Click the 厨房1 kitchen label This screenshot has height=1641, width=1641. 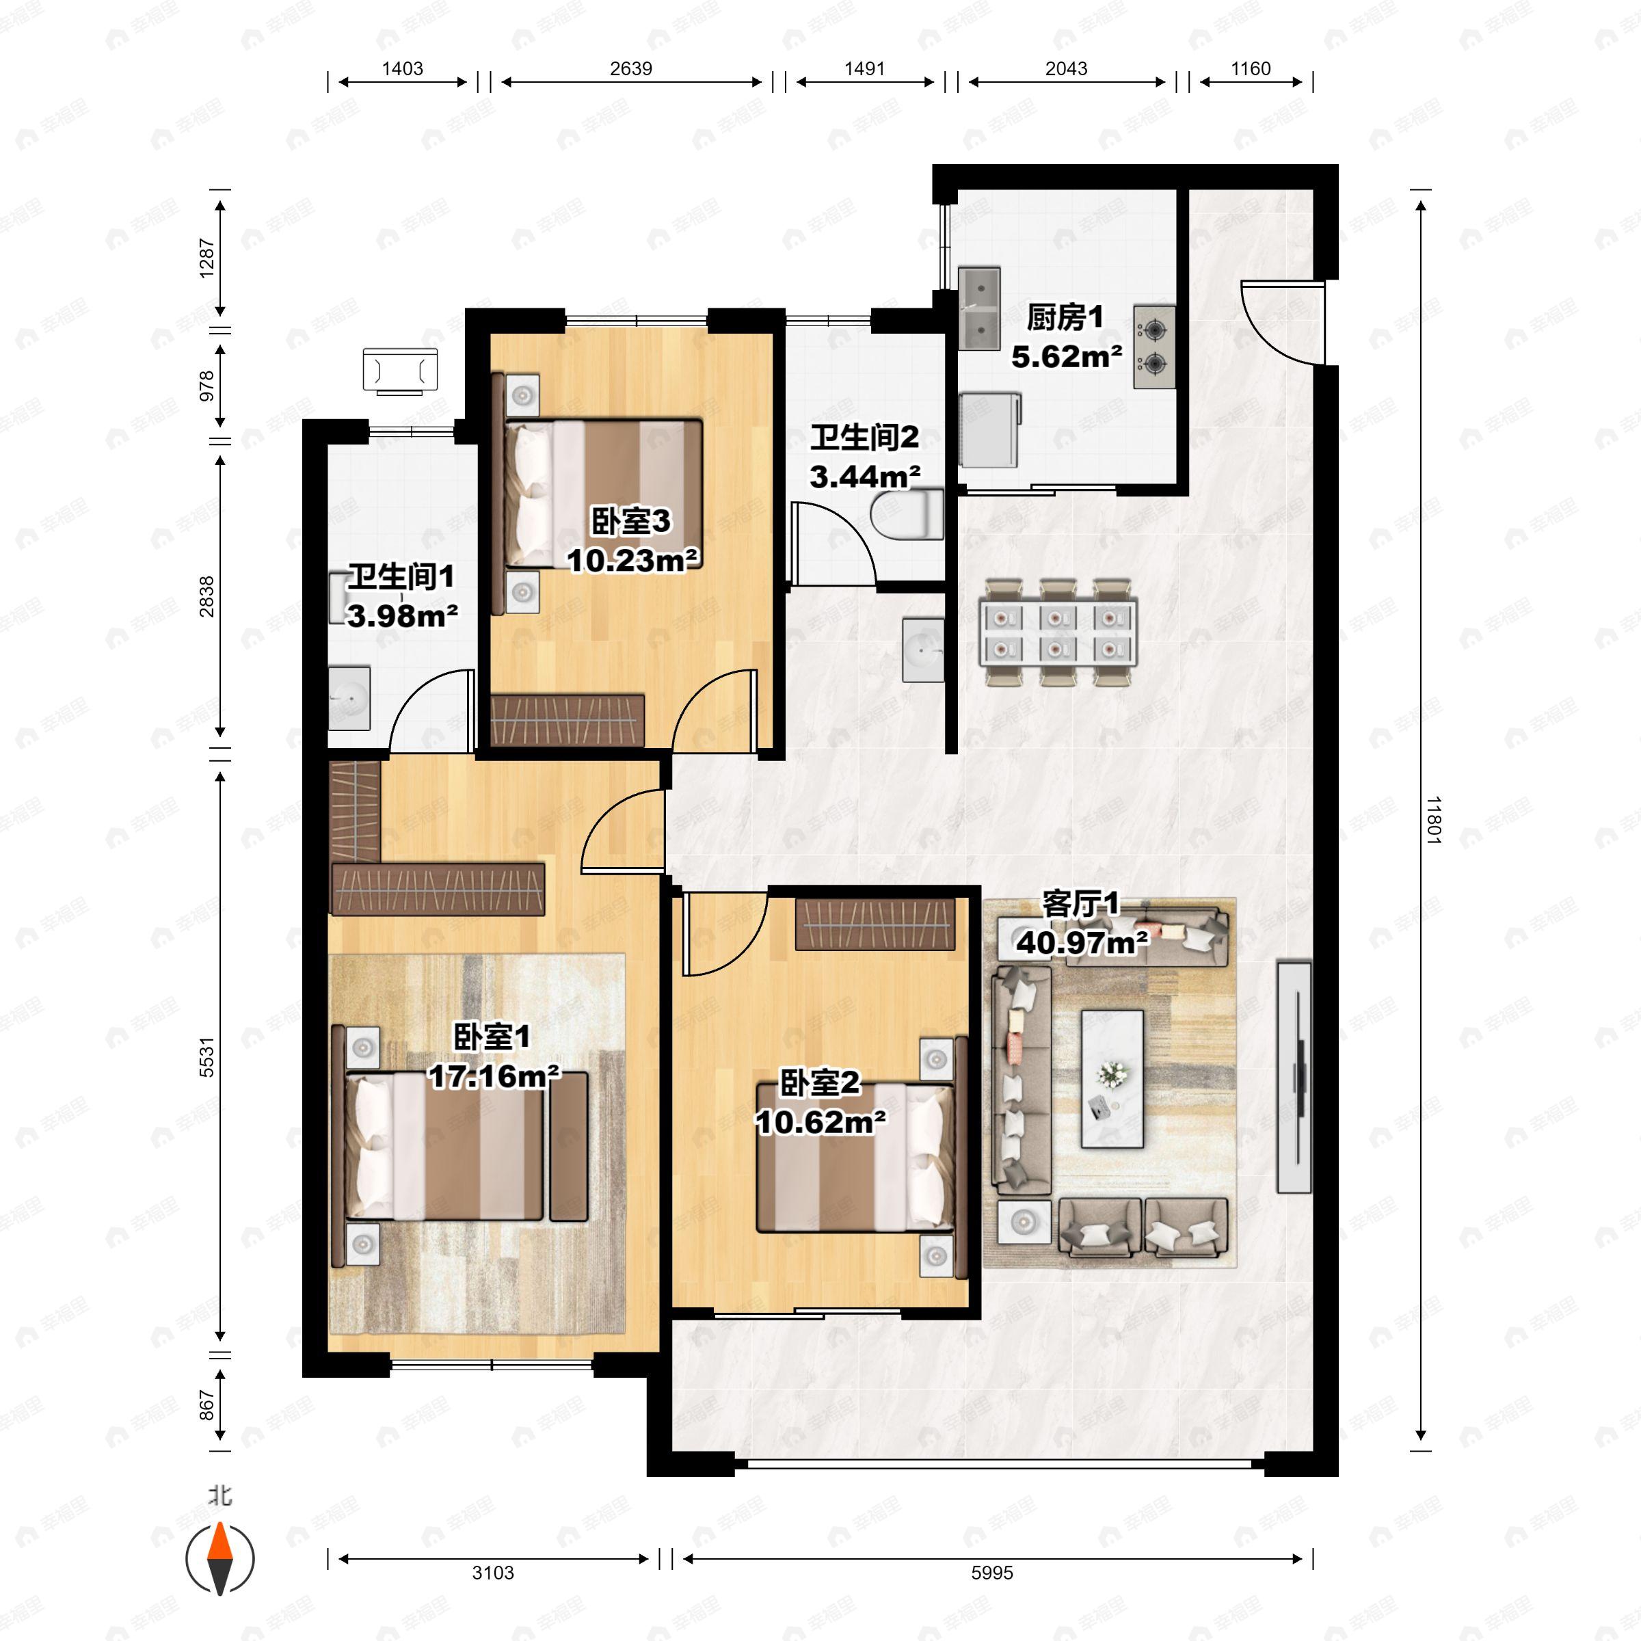(1065, 318)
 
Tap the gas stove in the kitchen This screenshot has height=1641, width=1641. (1153, 347)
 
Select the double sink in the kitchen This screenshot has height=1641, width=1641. (978, 308)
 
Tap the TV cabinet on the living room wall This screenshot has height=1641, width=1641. (1294, 1076)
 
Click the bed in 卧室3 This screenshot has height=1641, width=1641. (602, 492)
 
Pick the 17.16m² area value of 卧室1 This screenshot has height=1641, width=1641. (494, 1077)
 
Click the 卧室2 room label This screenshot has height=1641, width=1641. (820, 1083)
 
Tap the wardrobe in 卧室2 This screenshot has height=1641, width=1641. (875, 924)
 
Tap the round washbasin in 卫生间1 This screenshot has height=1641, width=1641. (349, 698)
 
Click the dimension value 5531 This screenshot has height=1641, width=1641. (207, 1058)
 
